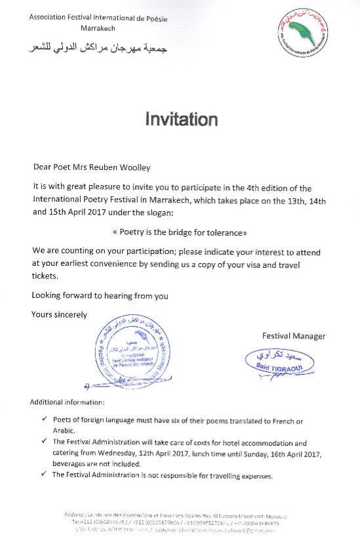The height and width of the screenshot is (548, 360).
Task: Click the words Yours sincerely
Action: [59, 314]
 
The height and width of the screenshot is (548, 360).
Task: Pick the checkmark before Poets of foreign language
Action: [43, 419]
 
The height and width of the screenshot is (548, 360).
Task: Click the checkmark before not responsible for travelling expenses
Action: [43, 475]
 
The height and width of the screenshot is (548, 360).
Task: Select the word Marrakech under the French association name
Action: [97, 30]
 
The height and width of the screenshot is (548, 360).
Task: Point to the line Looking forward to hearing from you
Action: [100, 295]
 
